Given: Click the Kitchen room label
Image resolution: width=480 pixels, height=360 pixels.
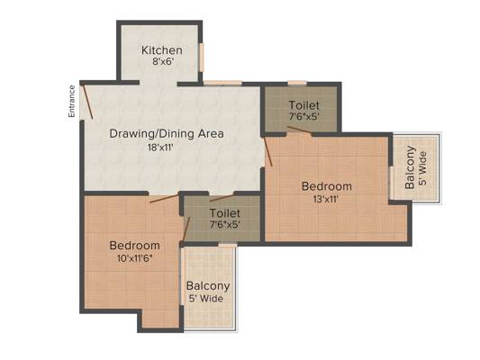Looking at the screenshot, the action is (162, 50).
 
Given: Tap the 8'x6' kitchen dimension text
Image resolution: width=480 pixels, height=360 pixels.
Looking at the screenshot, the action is (163, 62).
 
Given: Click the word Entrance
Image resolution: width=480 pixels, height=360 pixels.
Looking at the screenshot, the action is (72, 101).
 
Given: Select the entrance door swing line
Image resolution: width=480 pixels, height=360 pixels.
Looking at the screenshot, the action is (88, 102).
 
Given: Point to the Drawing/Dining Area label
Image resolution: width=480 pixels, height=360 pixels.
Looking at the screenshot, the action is (167, 134).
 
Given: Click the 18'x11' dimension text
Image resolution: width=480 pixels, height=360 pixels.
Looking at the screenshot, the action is (160, 148).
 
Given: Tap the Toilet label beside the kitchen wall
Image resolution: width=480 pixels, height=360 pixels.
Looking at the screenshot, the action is (304, 105).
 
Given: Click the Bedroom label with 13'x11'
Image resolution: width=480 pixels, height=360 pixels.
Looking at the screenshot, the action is (327, 186).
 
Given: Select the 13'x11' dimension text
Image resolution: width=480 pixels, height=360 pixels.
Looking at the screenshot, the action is (325, 200).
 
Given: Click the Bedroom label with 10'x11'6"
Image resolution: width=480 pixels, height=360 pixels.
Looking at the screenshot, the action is (135, 246).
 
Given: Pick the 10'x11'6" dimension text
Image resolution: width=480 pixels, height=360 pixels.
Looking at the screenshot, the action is (135, 258).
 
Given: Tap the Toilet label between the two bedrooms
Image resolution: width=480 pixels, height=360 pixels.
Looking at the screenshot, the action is (225, 213).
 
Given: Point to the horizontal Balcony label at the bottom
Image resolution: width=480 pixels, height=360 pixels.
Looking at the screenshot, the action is (208, 286).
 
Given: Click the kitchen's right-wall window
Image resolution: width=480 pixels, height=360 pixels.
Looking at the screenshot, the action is (201, 58).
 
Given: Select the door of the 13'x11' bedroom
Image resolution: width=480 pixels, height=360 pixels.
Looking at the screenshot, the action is (268, 152).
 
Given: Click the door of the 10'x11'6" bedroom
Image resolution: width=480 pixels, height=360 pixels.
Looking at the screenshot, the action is (164, 198).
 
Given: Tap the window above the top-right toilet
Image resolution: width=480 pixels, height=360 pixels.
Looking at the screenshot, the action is (297, 83).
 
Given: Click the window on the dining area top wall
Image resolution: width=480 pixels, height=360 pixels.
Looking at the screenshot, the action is (222, 83).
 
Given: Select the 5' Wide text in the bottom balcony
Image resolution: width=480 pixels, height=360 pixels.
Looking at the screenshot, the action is (205, 299).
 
